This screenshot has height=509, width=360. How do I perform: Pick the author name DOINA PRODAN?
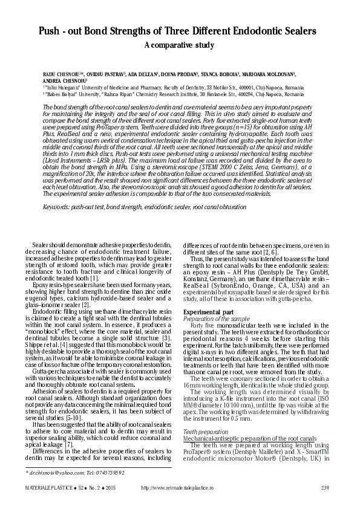(180, 73)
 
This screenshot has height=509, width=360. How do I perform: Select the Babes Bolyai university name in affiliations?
(70, 95)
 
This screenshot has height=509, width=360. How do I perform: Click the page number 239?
(324, 487)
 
